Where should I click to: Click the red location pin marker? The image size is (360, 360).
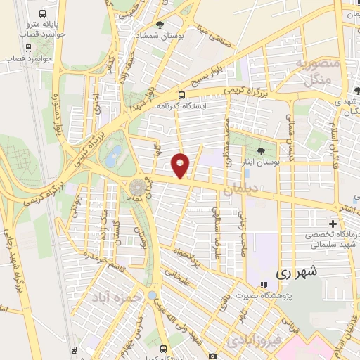181,165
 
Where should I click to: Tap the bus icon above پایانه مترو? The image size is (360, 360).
44,13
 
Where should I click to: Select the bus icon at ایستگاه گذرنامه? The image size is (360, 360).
182,96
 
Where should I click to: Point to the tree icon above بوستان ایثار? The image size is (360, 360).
261,150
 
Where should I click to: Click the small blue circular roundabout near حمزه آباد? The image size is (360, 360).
152,295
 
